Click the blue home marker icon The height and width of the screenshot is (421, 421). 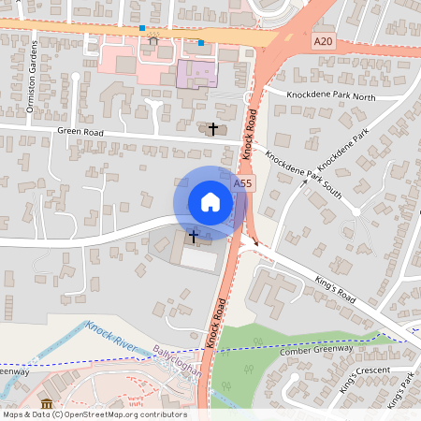coord(210,202)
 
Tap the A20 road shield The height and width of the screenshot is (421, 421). coord(323,41)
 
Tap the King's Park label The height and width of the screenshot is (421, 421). coord(399,393)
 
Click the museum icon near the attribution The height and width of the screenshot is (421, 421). coord(47,402)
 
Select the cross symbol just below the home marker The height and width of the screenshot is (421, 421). coord(194,237)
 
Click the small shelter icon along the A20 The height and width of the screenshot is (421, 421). coord(152,40)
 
